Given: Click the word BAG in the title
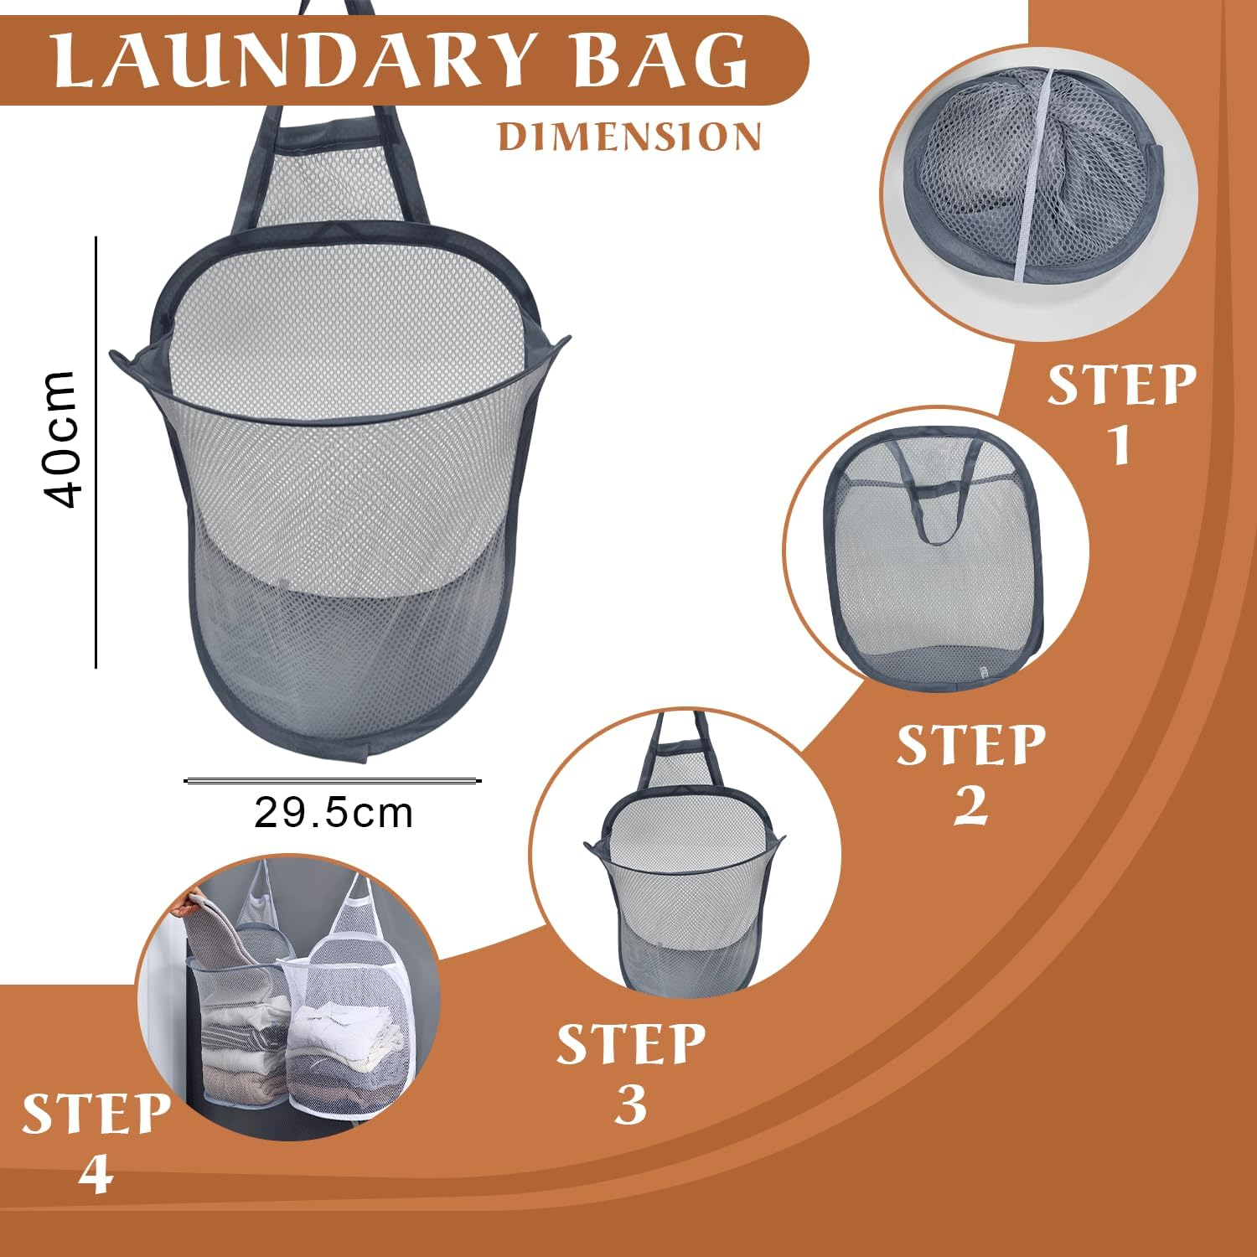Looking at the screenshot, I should coord(662,60).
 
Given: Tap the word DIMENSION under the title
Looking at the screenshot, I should coord(629,137).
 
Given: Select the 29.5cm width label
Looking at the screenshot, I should coord(334,813).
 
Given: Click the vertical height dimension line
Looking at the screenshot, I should coord(96,453).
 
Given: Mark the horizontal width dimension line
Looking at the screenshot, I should coord(333,781).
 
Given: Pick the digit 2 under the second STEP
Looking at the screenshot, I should coord(970,805).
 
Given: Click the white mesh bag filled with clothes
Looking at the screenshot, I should coord(348,1031).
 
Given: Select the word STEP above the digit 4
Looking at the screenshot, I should coord(96,1115).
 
